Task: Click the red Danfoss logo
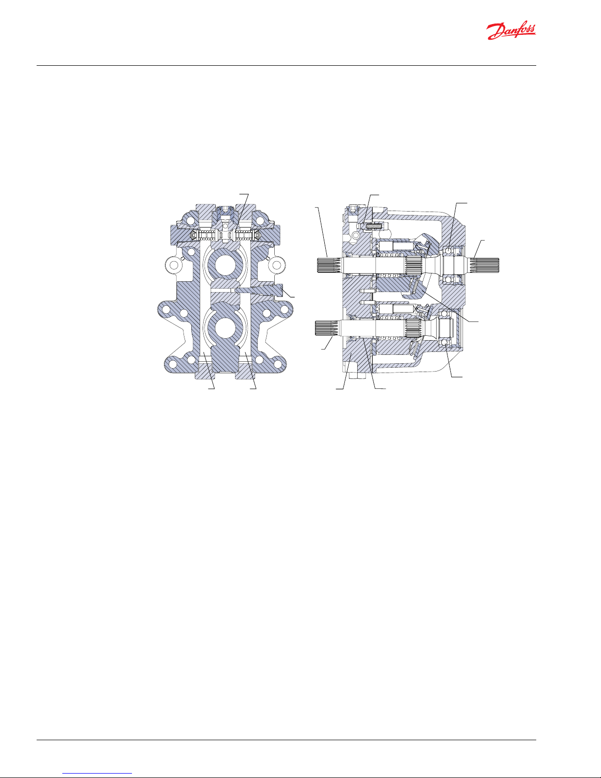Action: (511, 31)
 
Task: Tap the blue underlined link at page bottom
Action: (97, 773)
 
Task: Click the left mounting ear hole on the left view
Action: (174, 265)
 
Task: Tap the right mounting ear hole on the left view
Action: (277, 265)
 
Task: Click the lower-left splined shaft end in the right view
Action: (327, 327)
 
